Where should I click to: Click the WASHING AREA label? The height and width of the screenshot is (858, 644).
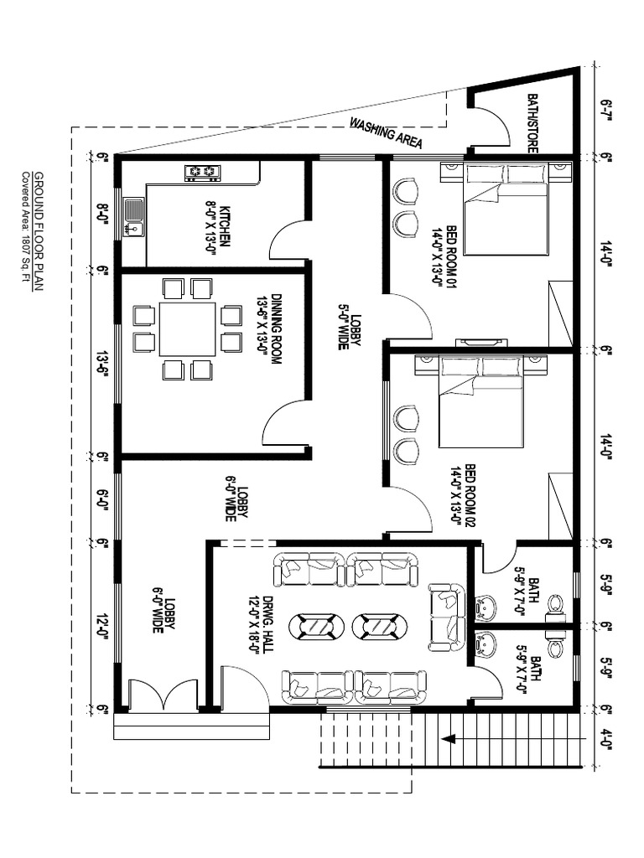coord(386,133)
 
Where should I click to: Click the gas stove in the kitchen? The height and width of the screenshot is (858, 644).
coord(202,173)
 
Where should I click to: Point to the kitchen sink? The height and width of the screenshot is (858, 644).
coord(133,216)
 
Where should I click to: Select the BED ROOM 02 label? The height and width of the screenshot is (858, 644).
coord(463,494)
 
